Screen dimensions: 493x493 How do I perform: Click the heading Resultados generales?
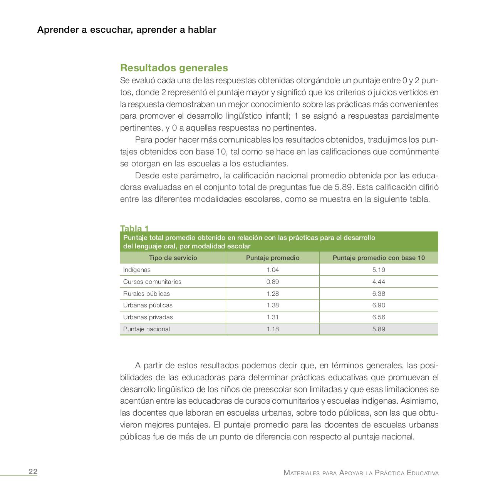(174, 68)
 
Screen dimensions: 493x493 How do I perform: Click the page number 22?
(33, 472)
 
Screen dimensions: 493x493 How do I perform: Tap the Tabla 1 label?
(134, 228)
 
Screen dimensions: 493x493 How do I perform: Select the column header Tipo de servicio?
(173, 258)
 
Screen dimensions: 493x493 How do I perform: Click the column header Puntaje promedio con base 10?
(379, 258)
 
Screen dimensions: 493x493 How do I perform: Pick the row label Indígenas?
(137, 270)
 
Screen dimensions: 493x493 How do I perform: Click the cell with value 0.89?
(272, 282)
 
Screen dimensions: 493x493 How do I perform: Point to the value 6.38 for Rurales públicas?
(379, 293)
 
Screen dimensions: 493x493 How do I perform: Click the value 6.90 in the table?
(379, 305)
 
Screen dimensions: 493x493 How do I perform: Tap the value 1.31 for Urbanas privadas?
(272, 317)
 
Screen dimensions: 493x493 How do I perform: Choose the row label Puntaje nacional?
(146, 329)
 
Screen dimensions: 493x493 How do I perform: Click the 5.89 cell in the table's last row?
(379, 329)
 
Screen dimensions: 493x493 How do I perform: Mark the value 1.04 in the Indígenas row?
(272, 270)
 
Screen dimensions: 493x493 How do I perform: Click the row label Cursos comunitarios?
(152, 282)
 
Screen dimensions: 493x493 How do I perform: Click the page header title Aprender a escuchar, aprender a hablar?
(127, 30)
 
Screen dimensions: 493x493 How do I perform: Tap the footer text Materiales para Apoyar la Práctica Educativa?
(361, 473)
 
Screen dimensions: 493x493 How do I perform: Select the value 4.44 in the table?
(379, 282)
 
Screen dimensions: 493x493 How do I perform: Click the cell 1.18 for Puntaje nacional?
(272, 329)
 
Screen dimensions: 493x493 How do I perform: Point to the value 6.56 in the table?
(379, 317)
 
